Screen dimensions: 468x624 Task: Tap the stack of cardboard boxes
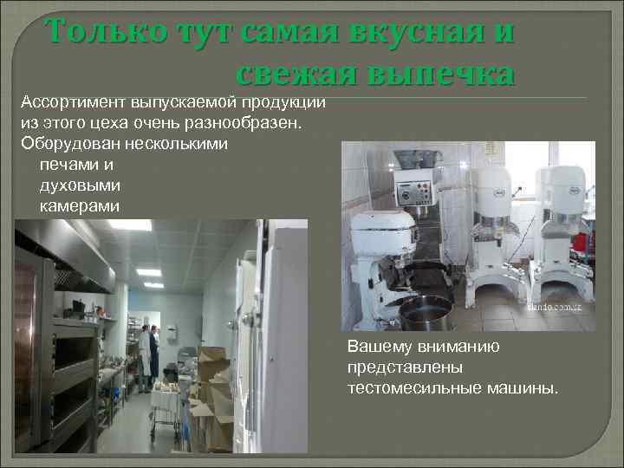(212, 394)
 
